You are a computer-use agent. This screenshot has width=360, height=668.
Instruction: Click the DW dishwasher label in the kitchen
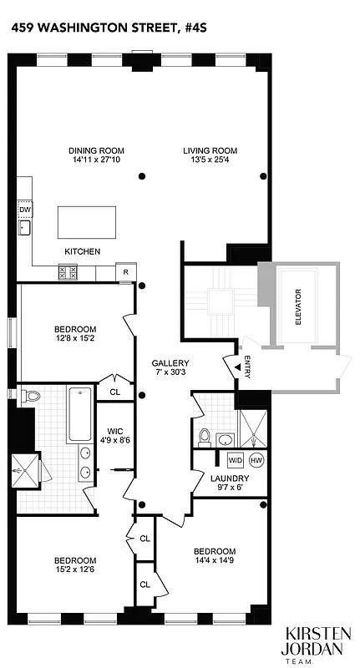pyautogui.click(x=24, y=209)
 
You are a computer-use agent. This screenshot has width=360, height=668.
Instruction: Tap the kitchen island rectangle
pyautogui.click(x=84, y=223)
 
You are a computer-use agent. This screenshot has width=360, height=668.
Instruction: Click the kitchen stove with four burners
pyautogui.click(x=68, y=272)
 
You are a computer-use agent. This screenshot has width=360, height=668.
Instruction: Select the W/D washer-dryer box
pyautogui.click(x=235, y=460)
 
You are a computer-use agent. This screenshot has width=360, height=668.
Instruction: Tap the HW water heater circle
pyautogui.click(x=256, y=460)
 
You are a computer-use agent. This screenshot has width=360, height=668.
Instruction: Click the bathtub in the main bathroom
pyautogui.click(x=80, y=413)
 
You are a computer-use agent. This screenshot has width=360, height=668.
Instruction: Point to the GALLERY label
pyautogui.click(x=170, y=363)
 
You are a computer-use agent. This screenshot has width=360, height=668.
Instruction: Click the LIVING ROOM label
pyautogui.click(x=204, y=150)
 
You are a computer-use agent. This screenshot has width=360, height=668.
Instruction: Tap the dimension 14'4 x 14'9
pyautogui.click(x=215, y=561)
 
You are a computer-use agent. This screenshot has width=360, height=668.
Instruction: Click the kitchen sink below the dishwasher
pyautogui.click(x=24, y=228)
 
